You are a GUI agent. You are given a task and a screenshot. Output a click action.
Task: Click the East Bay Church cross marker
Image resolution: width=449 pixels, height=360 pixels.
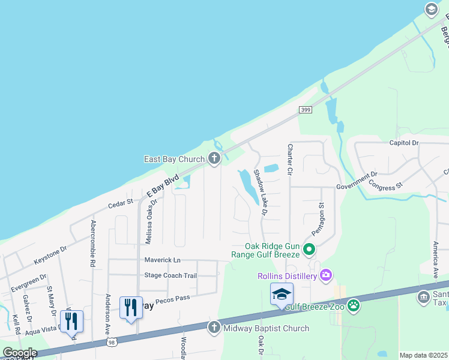pos(214,158)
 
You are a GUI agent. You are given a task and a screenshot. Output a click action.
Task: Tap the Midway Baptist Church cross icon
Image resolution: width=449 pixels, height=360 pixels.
pos(214,328)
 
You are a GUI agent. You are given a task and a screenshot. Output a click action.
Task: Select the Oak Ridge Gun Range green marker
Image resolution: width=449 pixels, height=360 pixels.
pos(309,249)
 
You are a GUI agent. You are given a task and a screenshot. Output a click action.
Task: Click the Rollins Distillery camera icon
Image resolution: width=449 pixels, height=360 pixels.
pos(326,275)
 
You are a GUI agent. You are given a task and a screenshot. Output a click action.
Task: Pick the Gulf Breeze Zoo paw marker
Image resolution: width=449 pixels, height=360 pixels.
pos(354,305)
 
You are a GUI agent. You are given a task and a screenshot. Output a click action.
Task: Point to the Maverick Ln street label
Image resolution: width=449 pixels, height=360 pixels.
pos(162,260)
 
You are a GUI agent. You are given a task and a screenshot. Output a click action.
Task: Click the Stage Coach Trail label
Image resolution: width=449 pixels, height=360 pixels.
pos(170,275)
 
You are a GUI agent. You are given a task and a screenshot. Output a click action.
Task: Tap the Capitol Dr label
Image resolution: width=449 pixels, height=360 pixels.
pos(403,143)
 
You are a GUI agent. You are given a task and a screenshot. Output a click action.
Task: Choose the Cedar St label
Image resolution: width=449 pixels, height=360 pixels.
pos(120,203)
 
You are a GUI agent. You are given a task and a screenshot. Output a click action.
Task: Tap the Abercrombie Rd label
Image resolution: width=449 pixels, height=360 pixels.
pos(93,243)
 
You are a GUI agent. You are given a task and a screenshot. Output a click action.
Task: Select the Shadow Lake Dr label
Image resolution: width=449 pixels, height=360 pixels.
pos(260,192)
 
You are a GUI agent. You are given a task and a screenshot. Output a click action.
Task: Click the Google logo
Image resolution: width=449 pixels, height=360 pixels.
pos(20,353)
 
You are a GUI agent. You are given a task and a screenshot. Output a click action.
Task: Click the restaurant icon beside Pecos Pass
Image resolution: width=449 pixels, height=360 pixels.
pos(131,308)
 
